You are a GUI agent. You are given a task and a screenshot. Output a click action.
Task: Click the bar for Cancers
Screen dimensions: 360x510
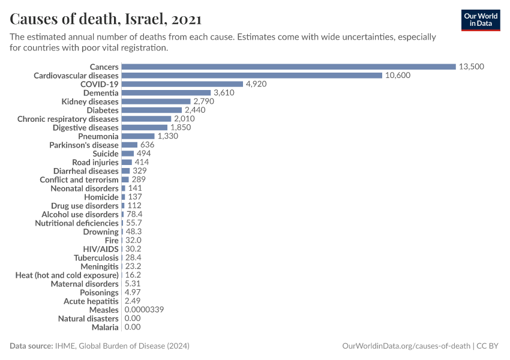click(289, 67)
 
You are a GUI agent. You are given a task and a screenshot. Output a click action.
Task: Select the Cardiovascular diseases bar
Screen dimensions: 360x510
click(252, 76)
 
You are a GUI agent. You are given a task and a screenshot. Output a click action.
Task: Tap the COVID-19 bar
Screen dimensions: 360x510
click(182, 84)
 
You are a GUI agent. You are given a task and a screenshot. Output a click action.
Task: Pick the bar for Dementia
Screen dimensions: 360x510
click(166, 93)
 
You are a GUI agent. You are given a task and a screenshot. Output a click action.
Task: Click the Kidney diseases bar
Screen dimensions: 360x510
click(156, 101)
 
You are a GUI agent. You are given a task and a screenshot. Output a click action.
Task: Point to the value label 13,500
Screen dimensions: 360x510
click(472, 67)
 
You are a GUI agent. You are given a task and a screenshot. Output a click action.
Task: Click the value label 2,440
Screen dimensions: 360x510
click(195, 110)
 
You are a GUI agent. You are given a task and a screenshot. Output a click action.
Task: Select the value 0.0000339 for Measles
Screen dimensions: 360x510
click(144, 310)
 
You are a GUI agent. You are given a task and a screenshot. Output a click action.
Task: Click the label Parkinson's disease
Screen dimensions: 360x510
click(84, 145)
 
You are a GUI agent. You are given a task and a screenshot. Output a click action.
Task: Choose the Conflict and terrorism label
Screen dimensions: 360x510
click(79, 179)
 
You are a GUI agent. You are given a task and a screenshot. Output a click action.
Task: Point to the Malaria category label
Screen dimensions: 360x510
click(105, 327)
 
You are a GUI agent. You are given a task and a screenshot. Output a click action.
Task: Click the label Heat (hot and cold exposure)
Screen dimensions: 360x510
click(67, 275)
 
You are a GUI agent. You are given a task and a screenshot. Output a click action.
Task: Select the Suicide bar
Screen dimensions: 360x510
click(128, 154)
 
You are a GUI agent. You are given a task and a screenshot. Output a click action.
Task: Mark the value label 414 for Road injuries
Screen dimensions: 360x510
click(142, 162)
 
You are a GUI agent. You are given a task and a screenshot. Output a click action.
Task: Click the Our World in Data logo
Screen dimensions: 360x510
click(481, 20)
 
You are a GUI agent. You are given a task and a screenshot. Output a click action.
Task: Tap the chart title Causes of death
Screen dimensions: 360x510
click(106, 19)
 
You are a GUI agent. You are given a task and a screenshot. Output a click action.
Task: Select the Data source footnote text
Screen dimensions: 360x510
click(100, 346)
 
